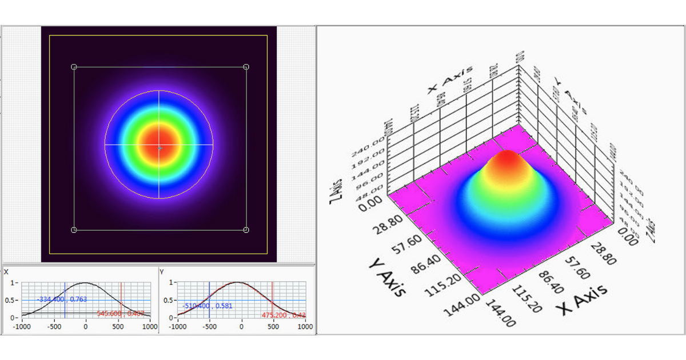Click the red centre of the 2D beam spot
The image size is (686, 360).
[159, 145]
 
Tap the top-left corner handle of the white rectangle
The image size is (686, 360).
[74, 67]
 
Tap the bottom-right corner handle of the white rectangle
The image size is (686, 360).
[246, 230]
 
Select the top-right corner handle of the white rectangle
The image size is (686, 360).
[246, 67]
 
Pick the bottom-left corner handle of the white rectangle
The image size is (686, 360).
[74, 230]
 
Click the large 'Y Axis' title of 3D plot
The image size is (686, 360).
[387, 277]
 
